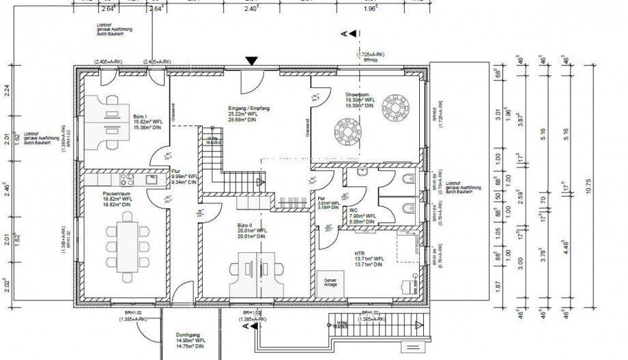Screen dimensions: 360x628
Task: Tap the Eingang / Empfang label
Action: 245,108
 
